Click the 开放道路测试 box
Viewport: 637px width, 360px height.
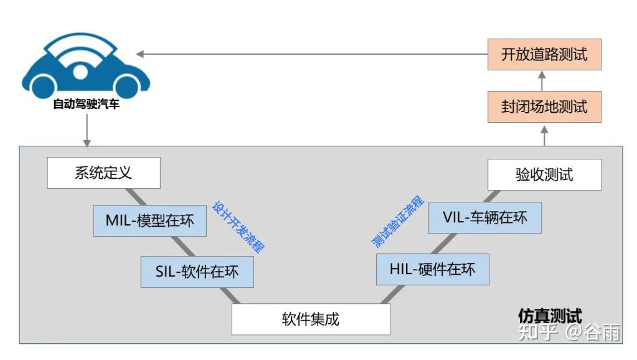(544, 54)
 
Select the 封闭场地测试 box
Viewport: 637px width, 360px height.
(544, 107)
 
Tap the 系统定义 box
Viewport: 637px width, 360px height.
(103, 173)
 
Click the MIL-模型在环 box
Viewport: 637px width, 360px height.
(149, 220)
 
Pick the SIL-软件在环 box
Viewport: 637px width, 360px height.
(197, 272)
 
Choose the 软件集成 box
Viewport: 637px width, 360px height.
(310, 320)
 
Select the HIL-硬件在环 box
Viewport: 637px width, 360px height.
(432, 269)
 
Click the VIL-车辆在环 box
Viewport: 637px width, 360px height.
(485, 217)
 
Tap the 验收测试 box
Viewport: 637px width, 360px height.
(544, 174)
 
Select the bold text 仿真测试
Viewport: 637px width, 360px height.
(550, 316)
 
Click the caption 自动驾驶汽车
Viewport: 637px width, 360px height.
(86, 105)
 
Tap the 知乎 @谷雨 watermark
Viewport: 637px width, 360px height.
(569, 333)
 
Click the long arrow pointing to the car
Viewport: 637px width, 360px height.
(311, 54)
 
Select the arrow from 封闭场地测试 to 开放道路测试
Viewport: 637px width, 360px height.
(542, 80)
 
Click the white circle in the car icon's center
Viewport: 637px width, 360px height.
(80, 72)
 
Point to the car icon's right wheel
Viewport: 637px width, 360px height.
(127, 85)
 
